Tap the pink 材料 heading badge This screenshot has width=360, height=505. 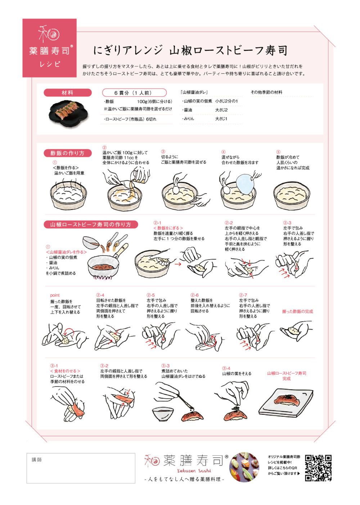68,93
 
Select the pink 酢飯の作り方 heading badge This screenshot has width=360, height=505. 68,153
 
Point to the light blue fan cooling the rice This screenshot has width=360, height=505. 245,184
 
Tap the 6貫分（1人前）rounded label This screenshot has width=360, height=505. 134,93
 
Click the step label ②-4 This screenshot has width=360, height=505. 100,295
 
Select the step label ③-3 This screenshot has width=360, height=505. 166,366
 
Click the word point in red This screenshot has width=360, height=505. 55,295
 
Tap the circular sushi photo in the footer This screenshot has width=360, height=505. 244,467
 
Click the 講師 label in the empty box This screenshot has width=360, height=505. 36,460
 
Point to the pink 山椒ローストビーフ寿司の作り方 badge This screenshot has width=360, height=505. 91,225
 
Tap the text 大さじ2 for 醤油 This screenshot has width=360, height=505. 221,110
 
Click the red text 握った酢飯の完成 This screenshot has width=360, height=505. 298,311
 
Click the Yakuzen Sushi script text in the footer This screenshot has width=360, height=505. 194,471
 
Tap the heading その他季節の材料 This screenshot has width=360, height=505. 266,92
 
